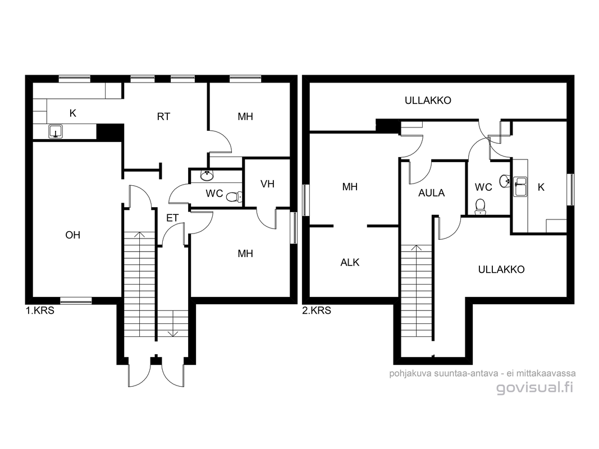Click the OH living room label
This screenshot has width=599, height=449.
[72, 235]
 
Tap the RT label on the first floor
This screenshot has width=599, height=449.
[163, 116]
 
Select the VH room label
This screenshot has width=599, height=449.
[267, 184]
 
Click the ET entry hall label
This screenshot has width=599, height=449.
[172, 218]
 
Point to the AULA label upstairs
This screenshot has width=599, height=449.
[431, 193]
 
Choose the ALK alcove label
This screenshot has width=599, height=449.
[350, 262]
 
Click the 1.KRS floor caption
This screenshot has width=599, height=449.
[40, 310]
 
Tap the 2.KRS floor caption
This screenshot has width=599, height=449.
[316, 310]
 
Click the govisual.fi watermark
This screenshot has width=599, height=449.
[535, 387]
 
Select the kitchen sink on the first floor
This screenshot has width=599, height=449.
[56, 131]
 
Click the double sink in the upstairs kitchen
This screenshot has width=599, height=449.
[520, 187]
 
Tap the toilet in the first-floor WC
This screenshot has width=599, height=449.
[234, 197]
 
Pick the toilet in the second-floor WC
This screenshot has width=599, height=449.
[480, 207]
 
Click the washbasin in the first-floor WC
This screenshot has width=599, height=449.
[207, 176]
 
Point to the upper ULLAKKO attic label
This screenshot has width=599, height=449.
[428, 100]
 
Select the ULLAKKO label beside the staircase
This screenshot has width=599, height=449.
[501, 269]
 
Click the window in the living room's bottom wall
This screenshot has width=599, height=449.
[76, 301]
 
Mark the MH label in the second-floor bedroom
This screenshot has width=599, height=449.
[350, 187]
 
